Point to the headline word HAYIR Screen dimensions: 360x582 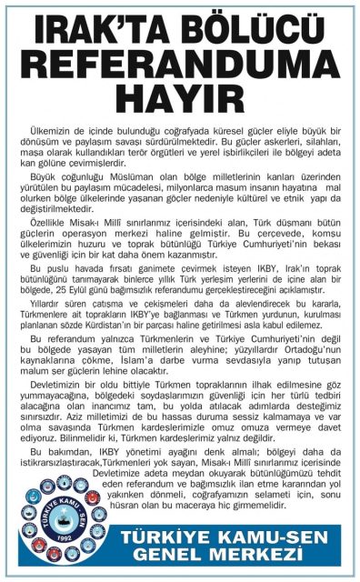pos(180,96)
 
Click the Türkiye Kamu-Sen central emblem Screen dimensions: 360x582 pos(59,519)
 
